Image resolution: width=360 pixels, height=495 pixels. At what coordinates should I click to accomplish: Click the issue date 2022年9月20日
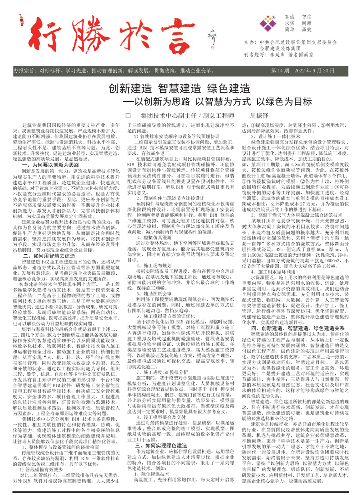314,71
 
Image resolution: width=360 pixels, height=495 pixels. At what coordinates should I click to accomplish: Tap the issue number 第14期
280,71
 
